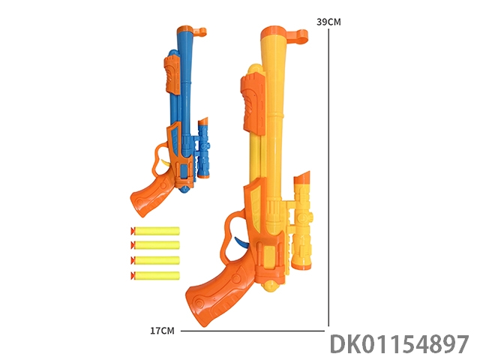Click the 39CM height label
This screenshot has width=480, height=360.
(x=328, y=22)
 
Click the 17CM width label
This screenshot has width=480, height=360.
(x=162, y=331)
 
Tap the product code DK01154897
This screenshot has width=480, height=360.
(x=399, y=343)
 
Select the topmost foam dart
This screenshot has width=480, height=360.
(x=155, y=231)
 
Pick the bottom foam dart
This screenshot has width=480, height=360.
(x=155, y=275)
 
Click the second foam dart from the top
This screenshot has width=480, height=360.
(x=155, y=245)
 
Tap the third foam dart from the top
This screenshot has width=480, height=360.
(x=155, y=260)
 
